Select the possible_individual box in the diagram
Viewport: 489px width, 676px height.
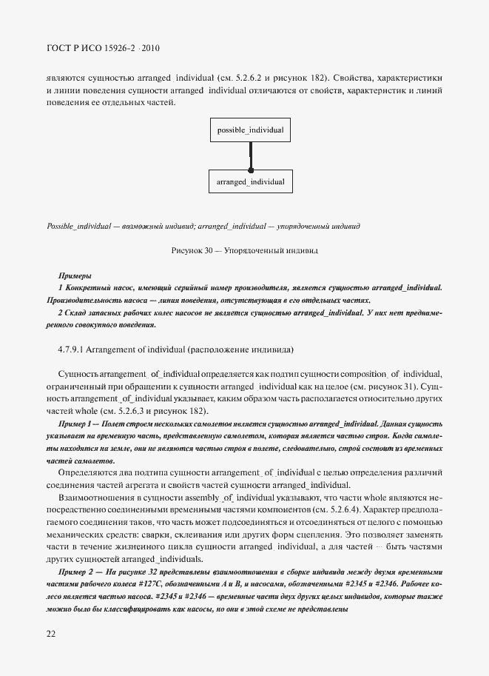click(x=250, y=130)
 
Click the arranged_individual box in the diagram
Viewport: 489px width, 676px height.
click(x=250, y=181)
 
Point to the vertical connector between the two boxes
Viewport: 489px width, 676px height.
click(x=251, y=155)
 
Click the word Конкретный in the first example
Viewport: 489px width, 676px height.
click(x=87, y=287)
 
